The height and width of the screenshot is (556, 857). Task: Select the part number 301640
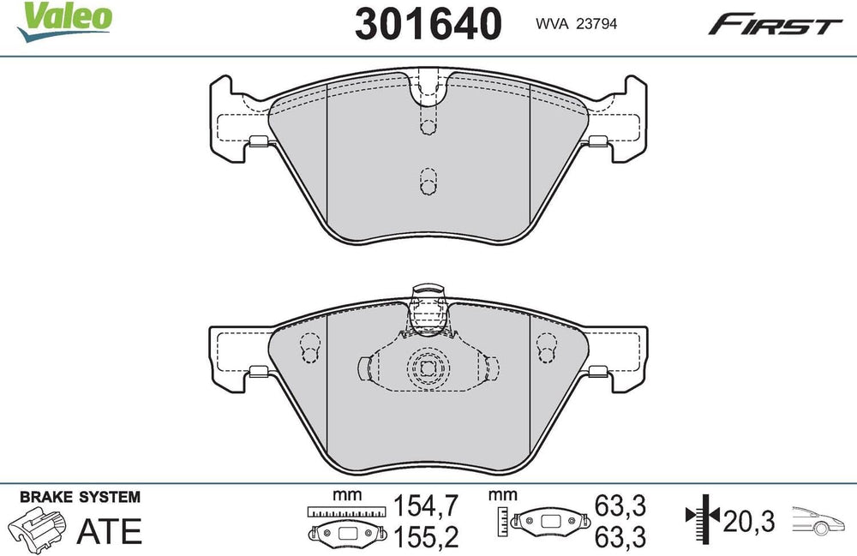point(428,23)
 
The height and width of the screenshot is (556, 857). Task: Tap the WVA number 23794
point(597,23)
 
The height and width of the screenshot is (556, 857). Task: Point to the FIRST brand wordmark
point(775,25)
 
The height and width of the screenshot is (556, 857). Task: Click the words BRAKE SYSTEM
point(80,497)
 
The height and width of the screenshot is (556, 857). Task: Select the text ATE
point(110,531)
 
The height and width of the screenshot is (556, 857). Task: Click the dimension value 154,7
point(426,505)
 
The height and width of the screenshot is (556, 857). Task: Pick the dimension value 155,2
point(426,537)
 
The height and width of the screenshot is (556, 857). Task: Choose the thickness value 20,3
point(749,521)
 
